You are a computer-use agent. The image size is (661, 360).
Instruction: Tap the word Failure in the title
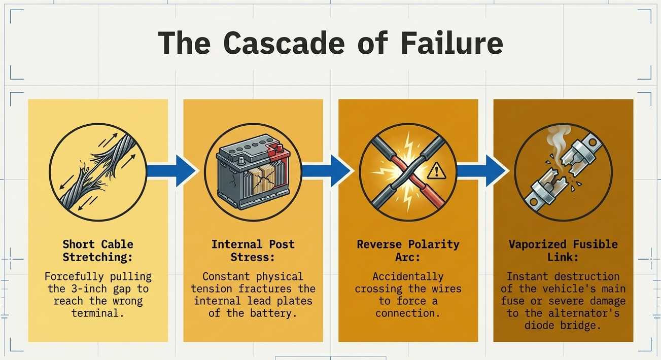coord(452,43)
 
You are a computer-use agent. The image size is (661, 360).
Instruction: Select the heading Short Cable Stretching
coord(98,250)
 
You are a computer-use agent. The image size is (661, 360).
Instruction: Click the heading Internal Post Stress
coord(253,250)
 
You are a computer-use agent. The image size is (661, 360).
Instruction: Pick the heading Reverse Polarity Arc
coord(408,250)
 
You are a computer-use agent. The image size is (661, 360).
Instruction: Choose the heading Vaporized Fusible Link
coord(563,250)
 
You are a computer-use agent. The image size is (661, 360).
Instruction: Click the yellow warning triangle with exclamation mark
coord(436,171)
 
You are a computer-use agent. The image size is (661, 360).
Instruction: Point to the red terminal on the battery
coord(278,149)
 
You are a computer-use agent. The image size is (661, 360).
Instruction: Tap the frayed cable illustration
coord(98,172)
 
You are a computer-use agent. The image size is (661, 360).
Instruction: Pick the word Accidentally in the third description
coord(408,276)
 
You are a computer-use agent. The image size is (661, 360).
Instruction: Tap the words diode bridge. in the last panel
coord(563,326)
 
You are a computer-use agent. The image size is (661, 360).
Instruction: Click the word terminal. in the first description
coord(98,313)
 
